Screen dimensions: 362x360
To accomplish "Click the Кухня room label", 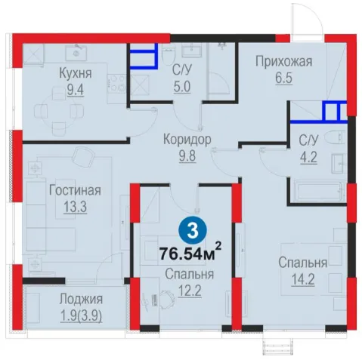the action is pos(76,73).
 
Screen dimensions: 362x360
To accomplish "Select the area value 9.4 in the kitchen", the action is pos(76,90).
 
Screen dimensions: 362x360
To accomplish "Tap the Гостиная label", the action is pos(75,190).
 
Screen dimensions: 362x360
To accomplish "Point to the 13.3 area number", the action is pos(75,208).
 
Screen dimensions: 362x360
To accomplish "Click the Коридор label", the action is pos(187,140).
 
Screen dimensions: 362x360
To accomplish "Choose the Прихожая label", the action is pos(283,62).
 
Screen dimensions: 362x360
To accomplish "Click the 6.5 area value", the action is pos(283,78).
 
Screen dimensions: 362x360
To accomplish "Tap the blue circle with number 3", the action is pos(193,231).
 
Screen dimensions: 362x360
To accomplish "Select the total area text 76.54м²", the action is pos(190,252).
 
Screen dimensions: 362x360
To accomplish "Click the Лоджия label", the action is pos(81,300).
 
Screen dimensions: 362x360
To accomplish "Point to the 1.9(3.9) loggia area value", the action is pos(81,316).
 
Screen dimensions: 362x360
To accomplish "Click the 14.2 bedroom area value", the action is pos(303,279).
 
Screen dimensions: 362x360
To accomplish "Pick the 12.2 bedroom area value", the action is pos(190,291).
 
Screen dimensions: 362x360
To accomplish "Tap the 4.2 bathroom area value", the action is pos(308,158).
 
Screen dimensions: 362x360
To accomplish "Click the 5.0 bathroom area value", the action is pos(182,87).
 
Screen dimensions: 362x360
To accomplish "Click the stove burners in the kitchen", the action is pos(117,84).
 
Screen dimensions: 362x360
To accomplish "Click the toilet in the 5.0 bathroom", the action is pos(166,55).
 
